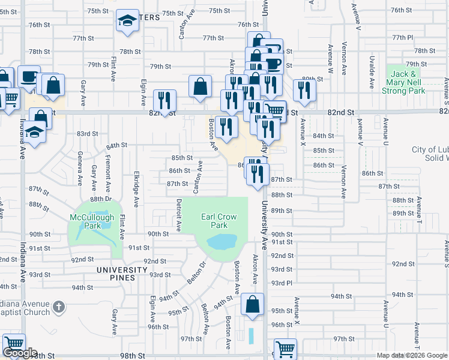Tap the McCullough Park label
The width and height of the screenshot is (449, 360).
(x=88, y=221)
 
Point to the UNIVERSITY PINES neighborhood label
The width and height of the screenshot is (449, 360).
(x=122, y=270)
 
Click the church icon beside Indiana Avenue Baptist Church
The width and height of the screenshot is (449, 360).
(x=58, y=307)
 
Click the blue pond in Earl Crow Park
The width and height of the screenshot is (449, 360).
(x=222, y=242)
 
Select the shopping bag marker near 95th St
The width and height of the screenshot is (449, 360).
(x=253, y=304)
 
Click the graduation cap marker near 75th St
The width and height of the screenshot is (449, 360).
(x=127, y=22)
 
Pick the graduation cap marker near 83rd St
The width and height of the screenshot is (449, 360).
(x=35, y=134)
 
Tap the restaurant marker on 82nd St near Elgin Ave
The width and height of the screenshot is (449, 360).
(x=164, y=100)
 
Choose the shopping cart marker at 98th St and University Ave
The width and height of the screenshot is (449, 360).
(x=285, y=348)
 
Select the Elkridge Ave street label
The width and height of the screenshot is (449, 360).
(x=137, y=193)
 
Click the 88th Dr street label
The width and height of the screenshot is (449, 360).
(x=101, y=199)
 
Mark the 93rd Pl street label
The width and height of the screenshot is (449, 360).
(x=282, y=283)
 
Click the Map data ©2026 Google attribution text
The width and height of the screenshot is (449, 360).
(x=412, y=355)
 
